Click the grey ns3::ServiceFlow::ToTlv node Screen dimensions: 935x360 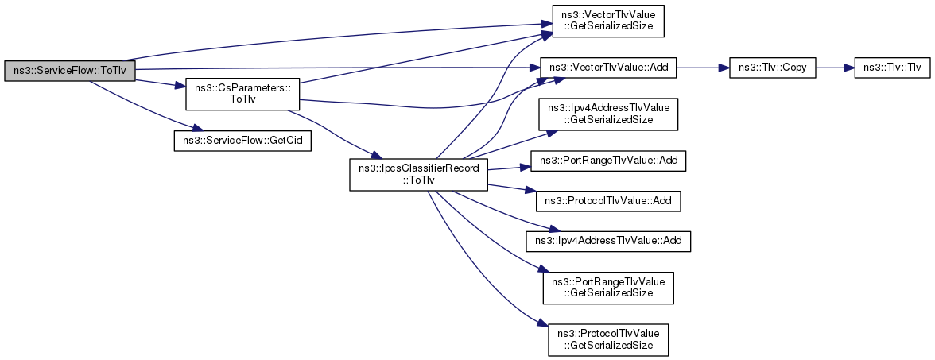70,70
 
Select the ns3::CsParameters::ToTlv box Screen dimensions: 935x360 242,93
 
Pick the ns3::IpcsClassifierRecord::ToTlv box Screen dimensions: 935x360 418,175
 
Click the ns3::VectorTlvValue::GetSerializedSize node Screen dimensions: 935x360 608,21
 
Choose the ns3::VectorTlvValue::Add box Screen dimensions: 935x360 608,68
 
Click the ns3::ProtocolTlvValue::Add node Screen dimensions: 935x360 608,202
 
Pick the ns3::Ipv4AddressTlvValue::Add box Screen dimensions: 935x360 608,242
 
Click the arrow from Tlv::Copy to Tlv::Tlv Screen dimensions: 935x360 834,68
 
